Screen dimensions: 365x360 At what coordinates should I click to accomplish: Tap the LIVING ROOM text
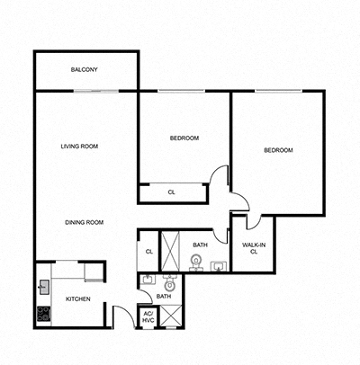[x=79, y=146]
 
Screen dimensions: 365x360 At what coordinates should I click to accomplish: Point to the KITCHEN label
[x=77, y=298]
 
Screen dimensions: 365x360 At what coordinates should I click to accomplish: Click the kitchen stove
[x=43, y=314]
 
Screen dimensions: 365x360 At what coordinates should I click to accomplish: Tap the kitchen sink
[x=43, y=287]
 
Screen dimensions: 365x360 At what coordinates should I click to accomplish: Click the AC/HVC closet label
[x=148, y=318]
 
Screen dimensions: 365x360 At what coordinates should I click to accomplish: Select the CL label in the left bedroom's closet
[x=171, y=191]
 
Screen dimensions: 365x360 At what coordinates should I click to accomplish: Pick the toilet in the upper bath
[x=195, y=262]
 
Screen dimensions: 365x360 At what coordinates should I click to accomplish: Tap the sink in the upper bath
[x=217, y=265]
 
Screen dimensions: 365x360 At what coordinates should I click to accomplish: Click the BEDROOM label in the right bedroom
[x=277, y=150]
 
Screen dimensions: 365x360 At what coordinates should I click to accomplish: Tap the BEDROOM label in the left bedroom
[x=184, y=138]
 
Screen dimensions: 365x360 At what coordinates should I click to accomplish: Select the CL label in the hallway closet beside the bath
[x=148, y=252]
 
